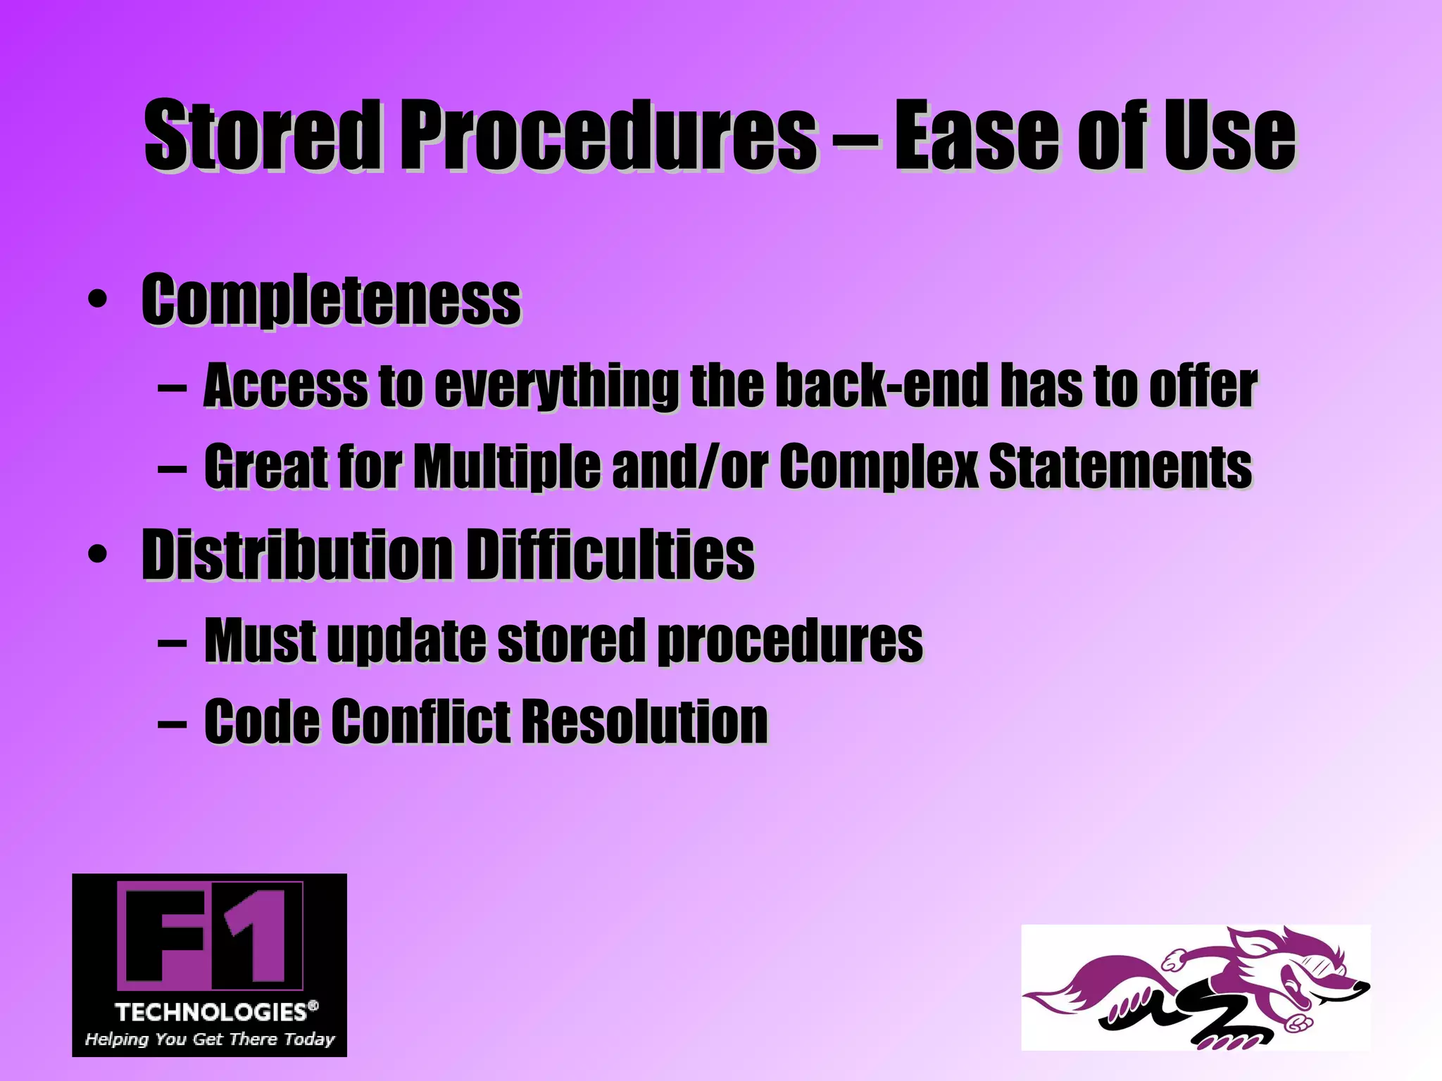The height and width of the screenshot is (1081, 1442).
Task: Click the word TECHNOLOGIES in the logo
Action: click(211, 1012)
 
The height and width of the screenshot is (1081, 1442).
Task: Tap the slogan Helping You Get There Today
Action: click(210, 1039)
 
